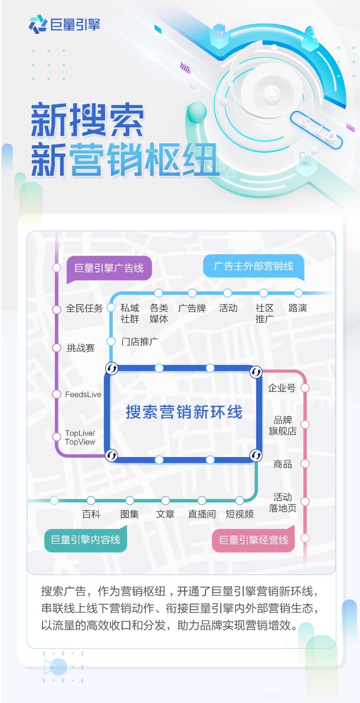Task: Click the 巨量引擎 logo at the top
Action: pos(64,24)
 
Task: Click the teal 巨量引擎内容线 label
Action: pos(86,540)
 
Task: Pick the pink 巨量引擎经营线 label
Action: pos(254,540)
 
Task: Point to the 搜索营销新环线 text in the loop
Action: pos(184,412)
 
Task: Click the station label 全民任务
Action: pos(84,308)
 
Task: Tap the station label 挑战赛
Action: pos(81,348)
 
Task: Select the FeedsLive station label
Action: pos(83,395)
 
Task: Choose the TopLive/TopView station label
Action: pos(80,438)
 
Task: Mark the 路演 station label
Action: pos(297,308)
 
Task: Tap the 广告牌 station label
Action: pos(192,308)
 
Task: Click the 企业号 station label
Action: pos(282,388)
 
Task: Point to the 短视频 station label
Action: pos(240,514)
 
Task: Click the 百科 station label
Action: pos(91,514)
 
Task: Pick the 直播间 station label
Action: pos(202,514)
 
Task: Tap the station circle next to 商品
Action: pos(305,464)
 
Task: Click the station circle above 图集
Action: pos(130,500)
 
